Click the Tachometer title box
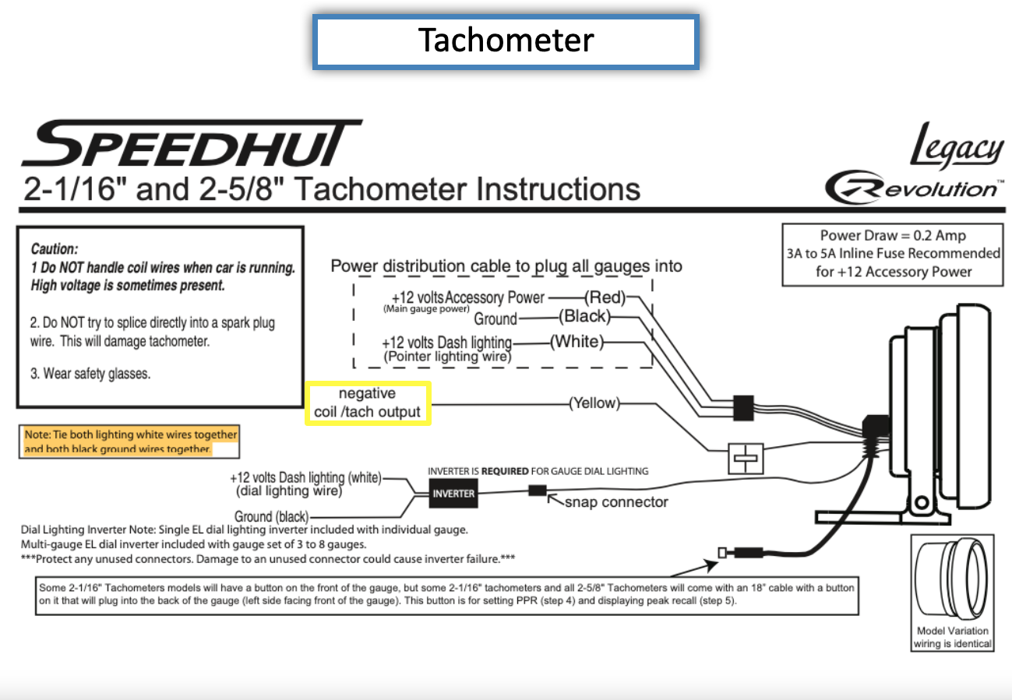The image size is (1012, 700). [506, 40]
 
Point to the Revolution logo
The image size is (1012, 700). [911, 188]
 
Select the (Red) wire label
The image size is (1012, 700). [605, 297]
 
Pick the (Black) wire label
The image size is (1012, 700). [584, 316]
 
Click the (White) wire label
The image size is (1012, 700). [577, 342]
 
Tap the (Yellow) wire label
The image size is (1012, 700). [595, 403]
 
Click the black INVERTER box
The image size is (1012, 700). [453, 494]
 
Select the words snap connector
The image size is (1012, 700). [616, 502]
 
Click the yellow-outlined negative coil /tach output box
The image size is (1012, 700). [367, 403]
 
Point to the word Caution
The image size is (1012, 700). [55, 250]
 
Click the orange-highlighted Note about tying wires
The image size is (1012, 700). [131, 441]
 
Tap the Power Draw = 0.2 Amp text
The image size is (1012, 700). [893, 236]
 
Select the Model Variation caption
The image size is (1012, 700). [953, 637]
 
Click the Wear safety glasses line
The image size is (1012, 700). [90, 374]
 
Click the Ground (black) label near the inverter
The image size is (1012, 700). [271, 516]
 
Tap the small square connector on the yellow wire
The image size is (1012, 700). [745, 459]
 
